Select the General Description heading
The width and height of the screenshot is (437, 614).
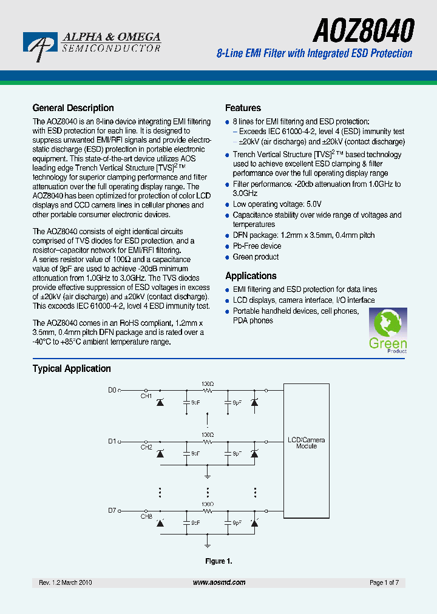coord(73,108)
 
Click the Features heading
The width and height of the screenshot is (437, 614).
coord(243,108)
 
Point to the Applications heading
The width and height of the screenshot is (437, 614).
coord(251,275)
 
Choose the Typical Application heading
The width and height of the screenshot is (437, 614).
coord(72,368)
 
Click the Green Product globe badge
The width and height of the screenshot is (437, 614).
coord(388,331)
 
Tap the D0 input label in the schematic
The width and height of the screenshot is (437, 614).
coord(112,390)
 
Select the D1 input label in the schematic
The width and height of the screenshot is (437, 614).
coord(112,441)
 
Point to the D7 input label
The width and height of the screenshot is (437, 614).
coord(112,510)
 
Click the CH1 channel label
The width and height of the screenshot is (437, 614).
coord(146,396)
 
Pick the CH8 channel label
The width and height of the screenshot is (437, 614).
coord(146,516)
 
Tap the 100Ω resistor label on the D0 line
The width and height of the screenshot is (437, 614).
coord(208,384)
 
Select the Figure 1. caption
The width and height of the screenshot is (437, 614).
coord(218,561)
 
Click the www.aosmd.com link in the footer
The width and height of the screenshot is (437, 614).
coord(219,582)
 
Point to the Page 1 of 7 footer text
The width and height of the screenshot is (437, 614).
coord(384,582)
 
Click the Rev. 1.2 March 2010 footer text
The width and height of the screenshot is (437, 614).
coord(66,582)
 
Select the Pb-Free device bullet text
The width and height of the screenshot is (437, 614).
coord(257,246)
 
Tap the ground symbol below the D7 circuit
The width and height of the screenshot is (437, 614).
coord(208,539)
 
